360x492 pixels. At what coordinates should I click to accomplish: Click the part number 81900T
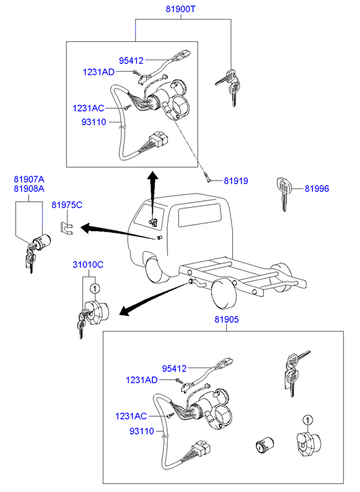181,9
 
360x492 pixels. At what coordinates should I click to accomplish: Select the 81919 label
235,181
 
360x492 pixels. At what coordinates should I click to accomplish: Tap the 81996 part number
317,189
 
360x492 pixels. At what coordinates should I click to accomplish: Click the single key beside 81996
284,194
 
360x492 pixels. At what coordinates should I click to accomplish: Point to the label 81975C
67,205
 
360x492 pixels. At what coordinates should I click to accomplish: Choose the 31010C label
88,265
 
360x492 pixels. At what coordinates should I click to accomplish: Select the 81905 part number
227,319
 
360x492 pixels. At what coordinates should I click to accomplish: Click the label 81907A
29,179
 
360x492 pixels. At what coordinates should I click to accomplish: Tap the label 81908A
29,189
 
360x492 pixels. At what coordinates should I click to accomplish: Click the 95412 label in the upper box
131,60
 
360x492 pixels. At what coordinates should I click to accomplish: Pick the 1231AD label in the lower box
141,380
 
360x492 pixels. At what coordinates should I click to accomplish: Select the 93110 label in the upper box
93,122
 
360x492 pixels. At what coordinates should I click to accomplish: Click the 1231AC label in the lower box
131,416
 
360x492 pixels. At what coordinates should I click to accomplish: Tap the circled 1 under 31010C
95,288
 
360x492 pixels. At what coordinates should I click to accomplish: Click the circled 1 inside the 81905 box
308,420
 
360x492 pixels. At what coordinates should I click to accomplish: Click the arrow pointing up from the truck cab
153,195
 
